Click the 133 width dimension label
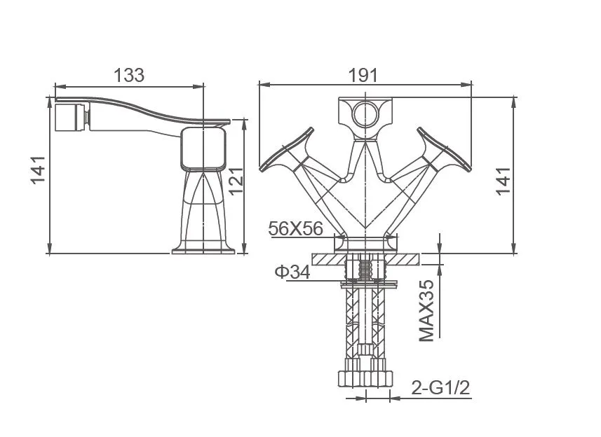click(129, 75)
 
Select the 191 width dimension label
click(363, 75)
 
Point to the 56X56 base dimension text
click(295, 228)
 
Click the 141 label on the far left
click(39, 170)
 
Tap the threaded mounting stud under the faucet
click(364, 270)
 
